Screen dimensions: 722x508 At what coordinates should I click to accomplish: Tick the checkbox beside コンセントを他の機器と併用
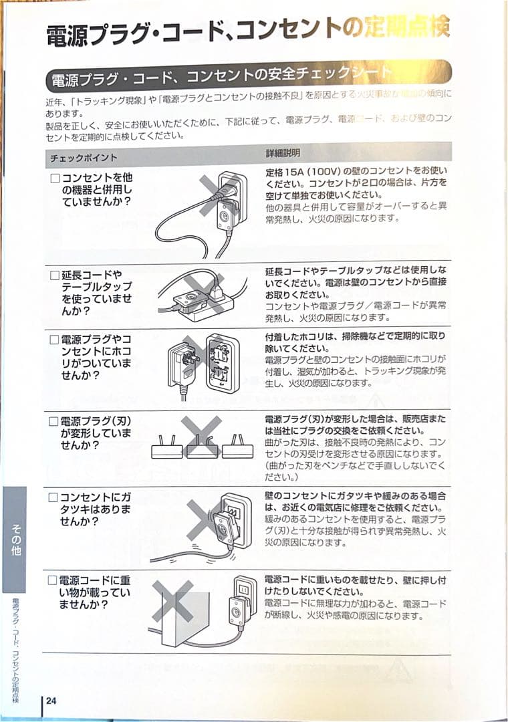pos(55,179)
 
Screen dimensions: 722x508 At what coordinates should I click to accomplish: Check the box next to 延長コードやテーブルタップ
pos(55,275)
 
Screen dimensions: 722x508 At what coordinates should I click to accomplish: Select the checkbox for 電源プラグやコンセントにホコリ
pos(55,340)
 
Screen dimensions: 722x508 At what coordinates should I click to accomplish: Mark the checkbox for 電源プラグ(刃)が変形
pos(55,422)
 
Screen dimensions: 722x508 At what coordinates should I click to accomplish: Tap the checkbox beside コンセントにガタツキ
pos(54,498)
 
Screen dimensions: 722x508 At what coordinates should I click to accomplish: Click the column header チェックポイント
pos(84,158)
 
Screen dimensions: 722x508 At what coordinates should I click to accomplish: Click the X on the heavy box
pos(173,601)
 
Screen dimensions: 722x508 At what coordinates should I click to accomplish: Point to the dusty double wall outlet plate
pos(222,364)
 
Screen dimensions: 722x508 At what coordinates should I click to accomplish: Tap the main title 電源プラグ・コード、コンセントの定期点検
pos(247,31)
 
